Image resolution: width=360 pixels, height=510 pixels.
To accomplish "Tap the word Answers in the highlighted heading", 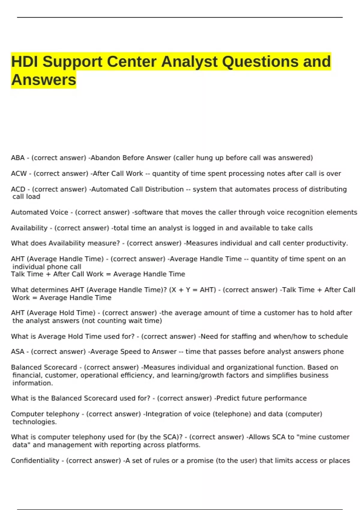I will click(44, 80).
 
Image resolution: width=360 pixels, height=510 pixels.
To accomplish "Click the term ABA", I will click(18, 158).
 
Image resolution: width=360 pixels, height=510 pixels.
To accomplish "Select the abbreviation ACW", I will click(19, 173).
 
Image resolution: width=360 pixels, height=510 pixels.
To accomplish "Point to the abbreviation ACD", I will click(18, 189).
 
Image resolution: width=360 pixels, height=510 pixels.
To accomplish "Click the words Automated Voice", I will click(40, 212).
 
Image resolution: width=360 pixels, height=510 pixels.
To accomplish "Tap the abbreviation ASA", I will click(18, 352).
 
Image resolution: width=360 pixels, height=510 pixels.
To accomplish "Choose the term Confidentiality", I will click(35, 460).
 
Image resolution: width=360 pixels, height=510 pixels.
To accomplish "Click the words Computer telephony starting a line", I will click(45, 414).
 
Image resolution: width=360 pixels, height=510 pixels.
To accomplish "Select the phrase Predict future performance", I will click(261, 398).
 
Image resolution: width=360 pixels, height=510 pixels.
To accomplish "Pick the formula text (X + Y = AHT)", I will click(193, 290).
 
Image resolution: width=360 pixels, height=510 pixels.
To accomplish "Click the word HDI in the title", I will click(25, 62).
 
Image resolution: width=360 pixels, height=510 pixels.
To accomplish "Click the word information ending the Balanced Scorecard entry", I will click(32, 383).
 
